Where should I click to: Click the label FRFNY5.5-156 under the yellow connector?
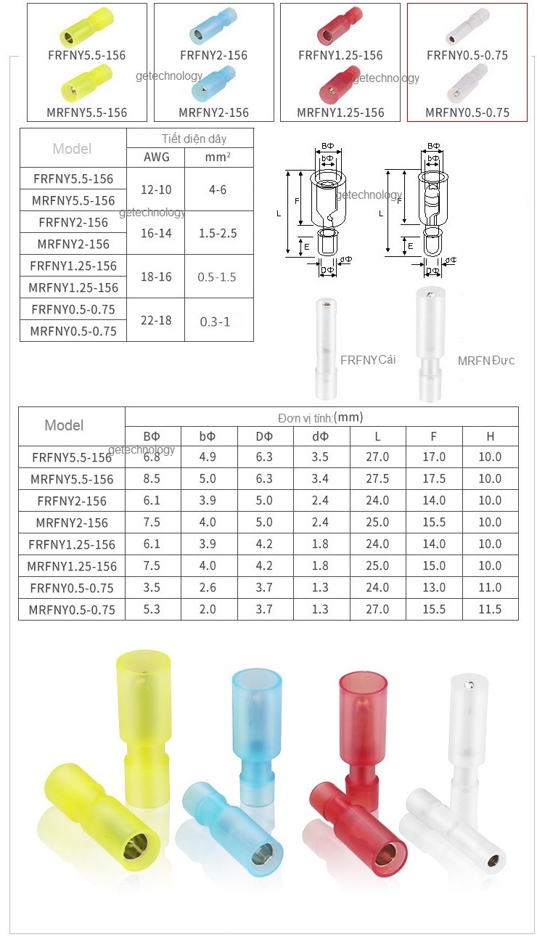pyautogui.click(x=86, y=55)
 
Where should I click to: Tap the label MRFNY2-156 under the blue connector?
pyautogui.click(x=213, y=112)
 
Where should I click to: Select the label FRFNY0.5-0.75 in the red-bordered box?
pyautogui.click(x=467, y=55)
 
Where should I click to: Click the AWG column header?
pyautogui.click(x=156, y=157)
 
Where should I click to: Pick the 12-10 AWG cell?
pyautogui.click(x=156, y=189)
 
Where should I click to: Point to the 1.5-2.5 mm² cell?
pyautogui.click(x=218, y=233)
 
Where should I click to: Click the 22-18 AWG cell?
pyautogui.click(x=156, y=320)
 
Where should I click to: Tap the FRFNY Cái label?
pyautogui.click(x=368, y=360)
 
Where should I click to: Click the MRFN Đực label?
pyautogui.click(x=485, y=361)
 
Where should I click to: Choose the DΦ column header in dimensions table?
pyautogui.click(x=264, y=436)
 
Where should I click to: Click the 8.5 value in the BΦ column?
pyautogui.click(x=152, y=479)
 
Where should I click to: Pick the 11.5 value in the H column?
pyautogui.click(x=490, y=610)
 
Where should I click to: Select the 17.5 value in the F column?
pyautogui.click(x=433, y=479)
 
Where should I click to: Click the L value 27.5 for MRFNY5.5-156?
pyautogui.click(x=377, y=479)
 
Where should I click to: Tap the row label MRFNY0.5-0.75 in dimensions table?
pyautogui.click(x=72, y=610)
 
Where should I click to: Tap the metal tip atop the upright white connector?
pyautogui.click(x=464, y=684)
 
